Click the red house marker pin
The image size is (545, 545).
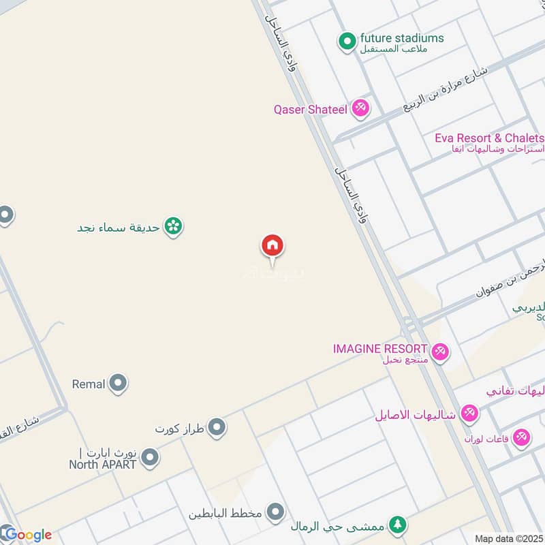click(272, 246)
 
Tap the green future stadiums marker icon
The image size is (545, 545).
click(348, 42)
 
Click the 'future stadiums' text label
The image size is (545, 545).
click(402, 38)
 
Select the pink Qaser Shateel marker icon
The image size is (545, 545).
click(360, 108)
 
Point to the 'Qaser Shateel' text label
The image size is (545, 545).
click(310, 109)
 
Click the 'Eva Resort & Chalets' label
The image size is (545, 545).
click(489, 138)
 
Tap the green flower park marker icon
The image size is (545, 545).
click(174, 227)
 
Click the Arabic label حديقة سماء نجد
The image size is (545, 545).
click(119, 228)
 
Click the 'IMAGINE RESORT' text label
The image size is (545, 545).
click(380, 348)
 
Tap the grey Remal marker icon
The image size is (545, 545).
click(119, 384)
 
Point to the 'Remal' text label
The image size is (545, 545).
click(89, 384)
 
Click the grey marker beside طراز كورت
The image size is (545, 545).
click(217, 428)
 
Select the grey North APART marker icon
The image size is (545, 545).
click(151, 458)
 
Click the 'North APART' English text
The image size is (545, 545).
click(102, 465)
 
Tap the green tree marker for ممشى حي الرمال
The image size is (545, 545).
click(398, 525)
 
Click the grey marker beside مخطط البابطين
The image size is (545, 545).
click(275, 512)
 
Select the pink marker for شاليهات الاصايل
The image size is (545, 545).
click(469, 413)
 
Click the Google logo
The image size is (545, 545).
click(27, 534)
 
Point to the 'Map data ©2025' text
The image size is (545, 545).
click(508, 538)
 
